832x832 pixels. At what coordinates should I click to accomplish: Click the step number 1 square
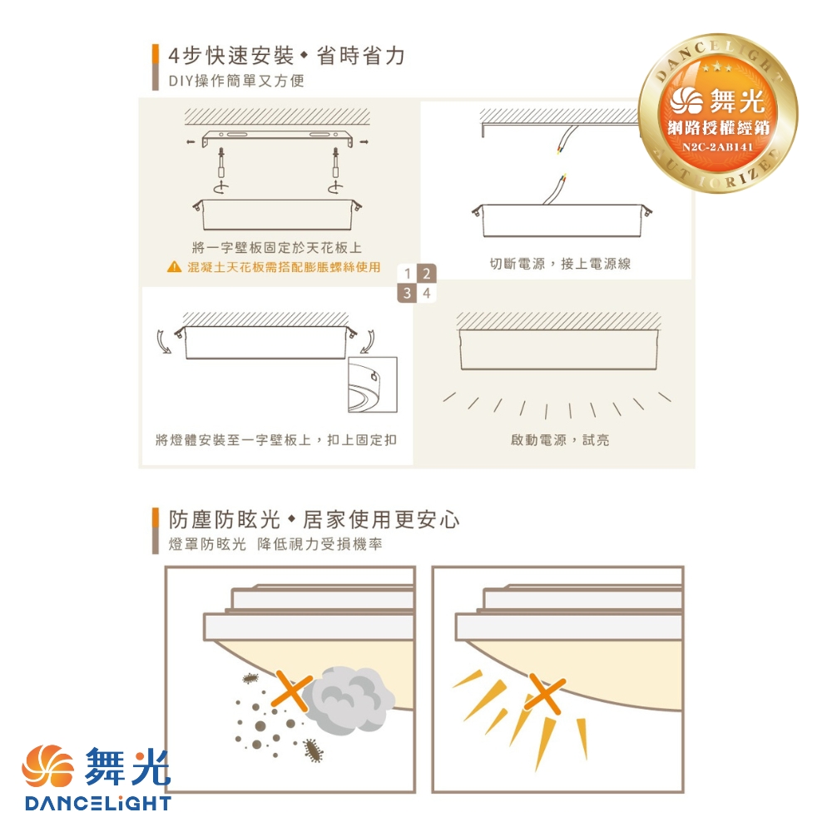coord(407,274)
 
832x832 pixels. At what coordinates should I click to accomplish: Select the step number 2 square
coord(426,274)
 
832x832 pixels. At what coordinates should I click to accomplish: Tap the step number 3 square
coord(407,293)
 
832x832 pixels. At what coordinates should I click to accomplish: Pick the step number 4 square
coord(426,293)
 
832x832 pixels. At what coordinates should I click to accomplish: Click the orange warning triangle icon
coord(174,267)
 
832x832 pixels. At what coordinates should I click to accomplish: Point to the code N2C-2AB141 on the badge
coord(717,147)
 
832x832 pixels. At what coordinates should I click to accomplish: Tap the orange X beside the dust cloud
coord(291,691)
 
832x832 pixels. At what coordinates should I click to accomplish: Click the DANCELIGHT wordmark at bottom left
coord(98,803)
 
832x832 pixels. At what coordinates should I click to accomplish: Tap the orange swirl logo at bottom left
coord(47,766)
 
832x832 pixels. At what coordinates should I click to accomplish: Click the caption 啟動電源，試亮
coord(560,440)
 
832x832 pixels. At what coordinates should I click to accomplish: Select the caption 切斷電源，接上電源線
coord(560,264)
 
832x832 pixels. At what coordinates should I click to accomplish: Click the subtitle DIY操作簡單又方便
coord(236,81)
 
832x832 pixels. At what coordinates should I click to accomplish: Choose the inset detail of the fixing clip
coord(373,384)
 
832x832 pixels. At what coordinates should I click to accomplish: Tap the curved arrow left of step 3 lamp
coord(163,341)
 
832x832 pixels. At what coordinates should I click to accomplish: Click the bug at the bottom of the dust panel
coord(314,750)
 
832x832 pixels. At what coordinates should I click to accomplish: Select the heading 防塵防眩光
coord(225,520)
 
